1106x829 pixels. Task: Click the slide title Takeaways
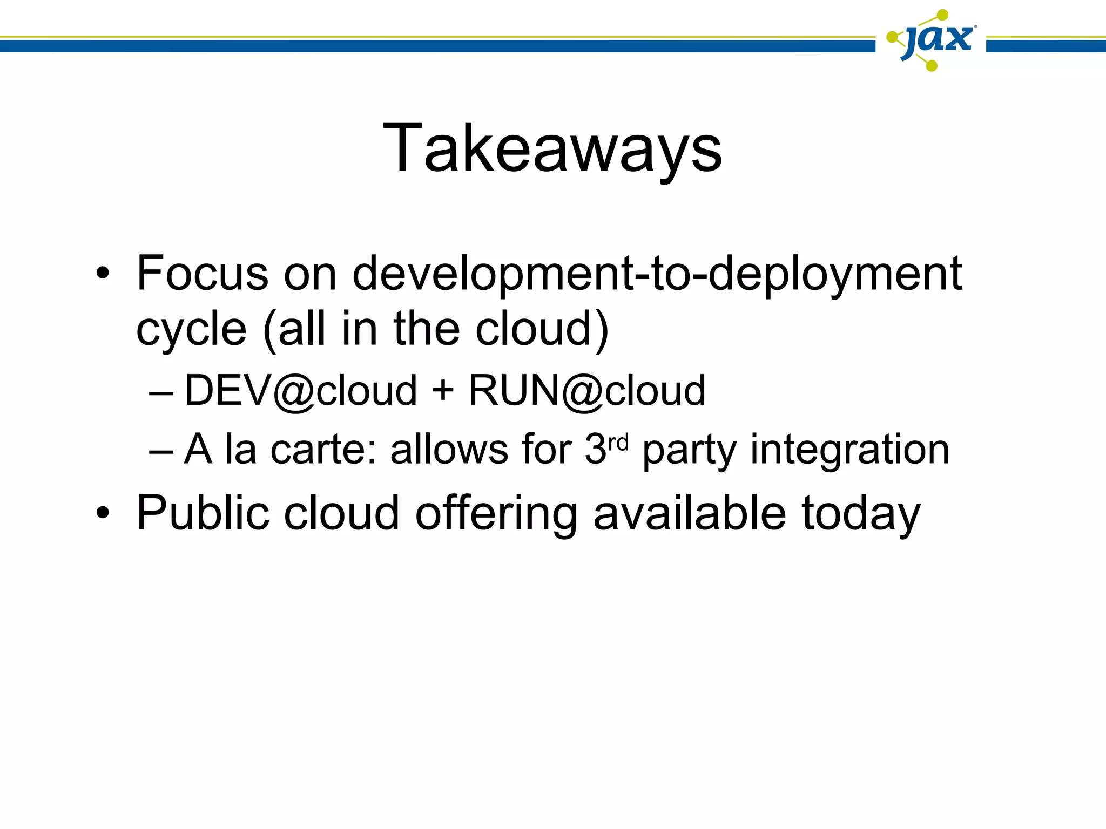(552, 148)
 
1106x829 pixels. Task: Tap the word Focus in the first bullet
(202, 273)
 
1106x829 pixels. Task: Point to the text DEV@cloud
(301, 390)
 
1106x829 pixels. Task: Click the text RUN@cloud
(587, 390)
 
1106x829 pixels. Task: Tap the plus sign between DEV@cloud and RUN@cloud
(443, 391)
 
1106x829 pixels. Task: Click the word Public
(203, 513)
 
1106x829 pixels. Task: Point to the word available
(690, 513)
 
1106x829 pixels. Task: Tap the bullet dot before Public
(102, 513)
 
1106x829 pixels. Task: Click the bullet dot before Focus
(102, 274)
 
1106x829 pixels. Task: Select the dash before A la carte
(160, 451)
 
